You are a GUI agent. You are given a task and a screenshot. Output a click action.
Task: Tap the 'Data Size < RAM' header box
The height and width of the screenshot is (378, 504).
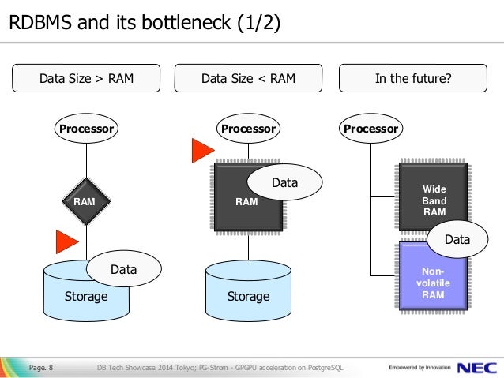249,79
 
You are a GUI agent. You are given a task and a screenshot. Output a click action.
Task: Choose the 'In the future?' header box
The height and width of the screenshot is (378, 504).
418,79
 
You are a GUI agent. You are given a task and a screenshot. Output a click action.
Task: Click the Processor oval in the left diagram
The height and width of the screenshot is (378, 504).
85,128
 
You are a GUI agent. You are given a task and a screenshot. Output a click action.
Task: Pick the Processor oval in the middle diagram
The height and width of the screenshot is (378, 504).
248,128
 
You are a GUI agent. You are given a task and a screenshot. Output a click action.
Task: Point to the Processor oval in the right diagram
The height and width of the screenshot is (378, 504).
370,128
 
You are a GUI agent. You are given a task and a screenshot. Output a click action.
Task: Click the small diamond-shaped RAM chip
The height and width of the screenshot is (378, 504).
85,201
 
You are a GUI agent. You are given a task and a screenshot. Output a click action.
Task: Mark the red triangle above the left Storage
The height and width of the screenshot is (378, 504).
66,241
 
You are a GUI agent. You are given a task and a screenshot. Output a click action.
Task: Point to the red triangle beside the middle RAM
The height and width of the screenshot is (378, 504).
202,151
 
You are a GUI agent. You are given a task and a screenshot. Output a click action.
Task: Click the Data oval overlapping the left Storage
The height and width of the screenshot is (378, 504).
123,269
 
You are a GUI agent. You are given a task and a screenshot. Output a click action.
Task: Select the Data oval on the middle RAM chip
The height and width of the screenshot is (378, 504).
284,183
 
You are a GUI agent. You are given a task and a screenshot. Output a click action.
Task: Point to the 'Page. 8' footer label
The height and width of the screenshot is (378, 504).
41,367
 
